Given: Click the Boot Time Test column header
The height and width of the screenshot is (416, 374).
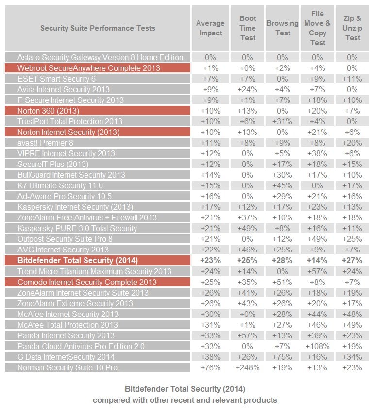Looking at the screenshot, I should click(x=248, y=28).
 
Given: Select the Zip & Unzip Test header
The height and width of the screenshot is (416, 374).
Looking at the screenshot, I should click(x=353, y=28).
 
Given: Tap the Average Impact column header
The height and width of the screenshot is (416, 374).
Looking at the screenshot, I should click(x=210, y=28).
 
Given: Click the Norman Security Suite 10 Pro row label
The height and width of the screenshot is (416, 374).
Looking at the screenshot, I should click(x=68, y=367).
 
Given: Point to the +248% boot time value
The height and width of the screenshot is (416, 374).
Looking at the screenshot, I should click(x=248, y=367).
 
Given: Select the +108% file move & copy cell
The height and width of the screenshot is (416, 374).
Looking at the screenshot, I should click(x=318, y=346).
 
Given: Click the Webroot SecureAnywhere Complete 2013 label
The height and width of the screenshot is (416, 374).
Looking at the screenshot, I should click(x=88, y=68).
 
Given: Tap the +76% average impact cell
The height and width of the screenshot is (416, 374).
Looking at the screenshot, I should click(x=210, y=367).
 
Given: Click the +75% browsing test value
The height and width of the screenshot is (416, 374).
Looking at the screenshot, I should click(x=282, y=357).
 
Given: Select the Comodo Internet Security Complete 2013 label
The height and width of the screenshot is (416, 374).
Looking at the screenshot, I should click(x=87, y=282).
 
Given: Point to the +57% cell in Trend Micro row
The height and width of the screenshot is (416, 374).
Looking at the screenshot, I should click(x=318, y=271).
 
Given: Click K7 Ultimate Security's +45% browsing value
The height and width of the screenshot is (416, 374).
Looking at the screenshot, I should click(x=282, y=185).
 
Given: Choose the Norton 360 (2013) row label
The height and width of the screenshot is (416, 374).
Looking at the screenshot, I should click(x=48, y=111).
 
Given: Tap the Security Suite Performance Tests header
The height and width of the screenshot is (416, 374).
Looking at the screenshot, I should click(x=98, y=28).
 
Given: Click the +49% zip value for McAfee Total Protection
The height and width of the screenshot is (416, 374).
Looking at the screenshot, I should click(x=353, y=325).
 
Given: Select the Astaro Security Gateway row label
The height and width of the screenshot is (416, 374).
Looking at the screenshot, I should click(x=100, y=57).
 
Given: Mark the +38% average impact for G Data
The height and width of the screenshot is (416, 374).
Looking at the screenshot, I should click(x=210, y=357).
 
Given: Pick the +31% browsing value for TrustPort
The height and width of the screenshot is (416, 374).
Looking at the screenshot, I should click(x=282, y=121).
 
